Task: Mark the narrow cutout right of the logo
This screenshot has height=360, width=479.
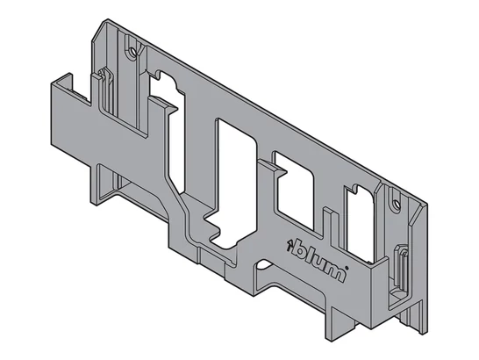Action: click(360, 224)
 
